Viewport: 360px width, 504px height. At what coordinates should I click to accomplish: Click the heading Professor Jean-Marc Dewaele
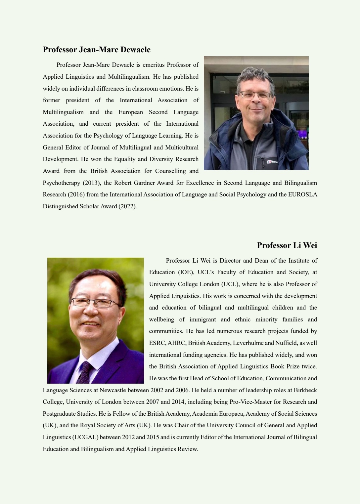tap(97, 50)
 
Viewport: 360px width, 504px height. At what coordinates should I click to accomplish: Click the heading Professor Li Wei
tap(287, 245)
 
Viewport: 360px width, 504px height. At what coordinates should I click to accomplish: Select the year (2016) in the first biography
tap(76, 194)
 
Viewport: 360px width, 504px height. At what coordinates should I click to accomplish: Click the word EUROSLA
tap(302, 194)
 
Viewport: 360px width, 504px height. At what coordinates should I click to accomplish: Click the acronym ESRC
tap(157, 343)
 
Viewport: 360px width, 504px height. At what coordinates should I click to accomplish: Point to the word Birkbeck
tap(305, 390)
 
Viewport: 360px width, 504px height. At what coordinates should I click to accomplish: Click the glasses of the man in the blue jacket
tap(255, 95)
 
